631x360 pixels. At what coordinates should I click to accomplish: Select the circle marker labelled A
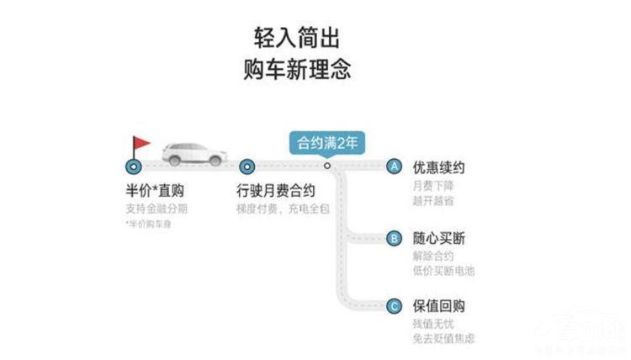[393, 166]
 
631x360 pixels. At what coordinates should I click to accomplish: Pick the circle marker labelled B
[393, 238]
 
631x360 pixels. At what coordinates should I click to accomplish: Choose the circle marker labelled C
[393, 306]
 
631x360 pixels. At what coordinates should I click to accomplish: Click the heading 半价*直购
[154, 191]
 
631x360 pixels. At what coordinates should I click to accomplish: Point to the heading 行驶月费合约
[277, 191]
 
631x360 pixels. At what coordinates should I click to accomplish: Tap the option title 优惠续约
[438, 167]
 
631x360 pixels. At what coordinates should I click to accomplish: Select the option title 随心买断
[438, 239]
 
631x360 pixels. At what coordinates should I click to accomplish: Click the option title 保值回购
[438, 306]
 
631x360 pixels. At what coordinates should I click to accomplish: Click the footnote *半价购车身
[147, 225]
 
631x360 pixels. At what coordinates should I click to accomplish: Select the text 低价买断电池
[443, 271]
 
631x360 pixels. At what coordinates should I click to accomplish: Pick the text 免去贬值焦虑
[443, 338]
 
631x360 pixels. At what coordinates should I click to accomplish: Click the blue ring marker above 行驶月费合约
[247, 166]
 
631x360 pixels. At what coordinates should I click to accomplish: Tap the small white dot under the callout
[327, 166]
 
